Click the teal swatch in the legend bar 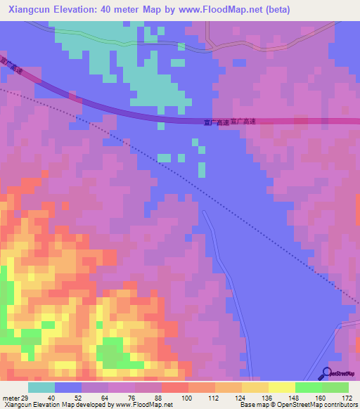coord(41,387)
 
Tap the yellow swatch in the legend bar coord(281,387)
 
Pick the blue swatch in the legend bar coord(67,387)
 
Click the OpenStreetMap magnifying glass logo coord(327,373)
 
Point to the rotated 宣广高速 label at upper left coord(12,66)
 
